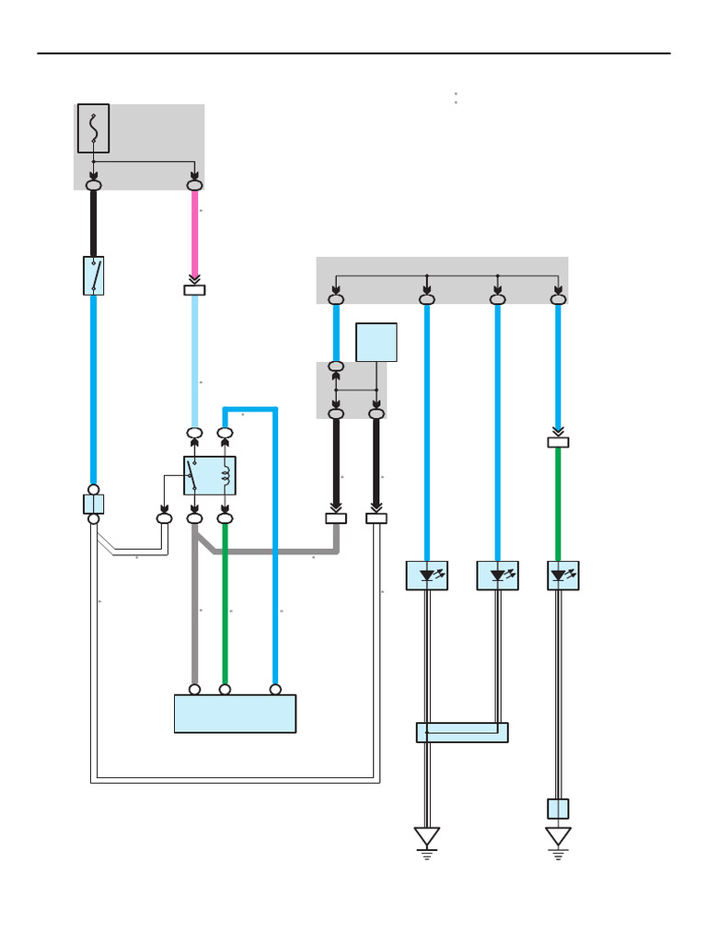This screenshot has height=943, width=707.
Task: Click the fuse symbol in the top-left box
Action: [93, 128]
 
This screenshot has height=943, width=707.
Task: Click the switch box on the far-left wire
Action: [93, 275]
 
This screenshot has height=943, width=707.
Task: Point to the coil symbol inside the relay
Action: [226, 475]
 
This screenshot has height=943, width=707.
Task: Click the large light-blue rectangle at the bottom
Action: [235, 714]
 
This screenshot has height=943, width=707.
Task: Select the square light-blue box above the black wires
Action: [377, 342]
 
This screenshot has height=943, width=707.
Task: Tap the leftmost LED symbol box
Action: [427, 576]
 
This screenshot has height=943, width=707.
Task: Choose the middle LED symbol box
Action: [498, 576]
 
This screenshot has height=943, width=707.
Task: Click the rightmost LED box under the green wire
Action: [562, 576]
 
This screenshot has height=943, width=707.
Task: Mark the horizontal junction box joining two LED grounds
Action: [462, 732]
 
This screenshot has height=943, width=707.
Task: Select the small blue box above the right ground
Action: [558, 809]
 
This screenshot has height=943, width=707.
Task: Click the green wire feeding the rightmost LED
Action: [558, 502]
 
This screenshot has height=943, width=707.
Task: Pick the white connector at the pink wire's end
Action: [194, 290]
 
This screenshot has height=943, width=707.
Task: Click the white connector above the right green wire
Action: [558, 442]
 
